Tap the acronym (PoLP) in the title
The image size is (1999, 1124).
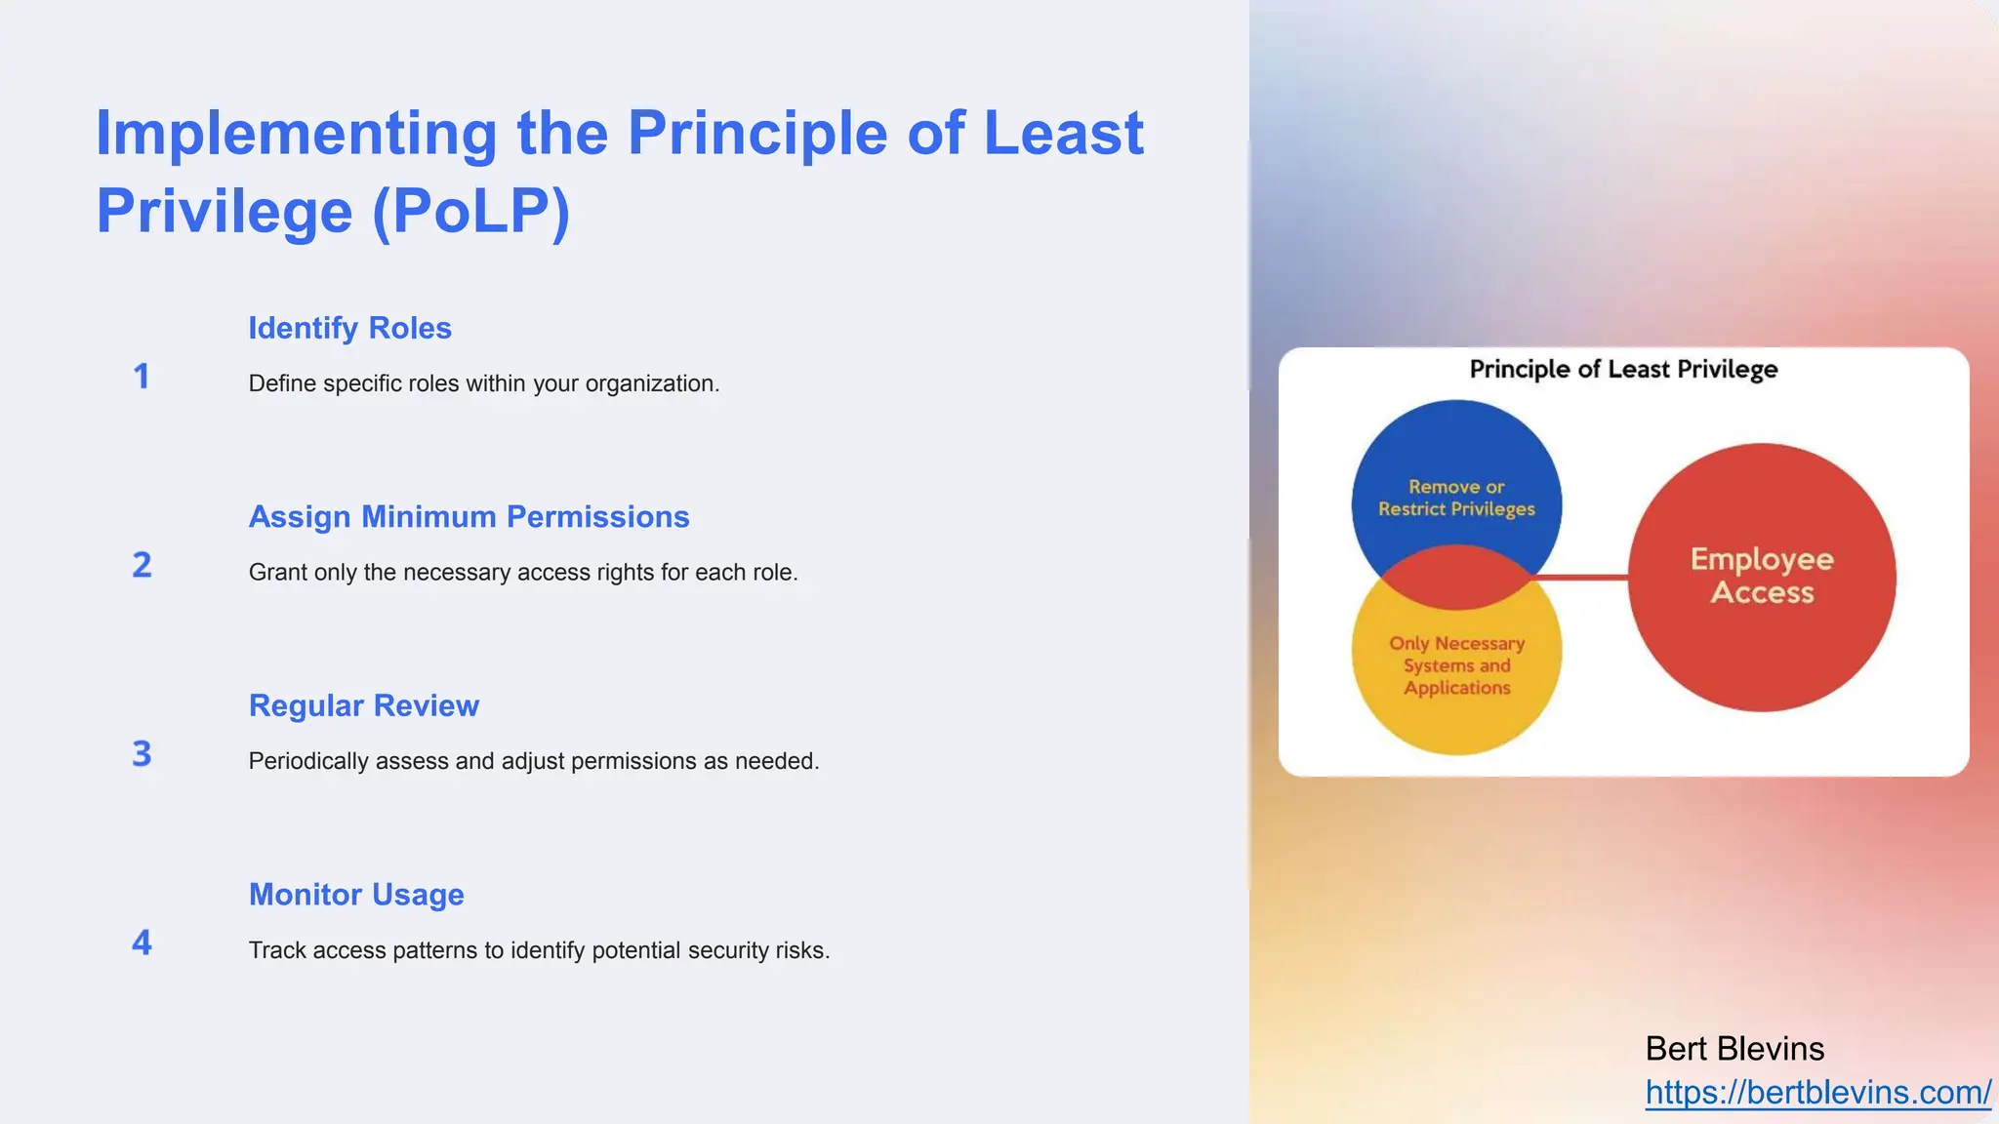click(x=470, y=211)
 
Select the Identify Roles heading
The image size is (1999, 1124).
click(x=349, y=328)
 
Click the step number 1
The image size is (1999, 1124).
click(x=142, y=377)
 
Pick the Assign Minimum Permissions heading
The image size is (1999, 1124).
click(x=469, y=516)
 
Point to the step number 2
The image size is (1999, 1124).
click(x=142, y=565)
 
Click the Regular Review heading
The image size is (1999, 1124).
click(x=363, y=705)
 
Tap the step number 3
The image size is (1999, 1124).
click(x=142, y=753)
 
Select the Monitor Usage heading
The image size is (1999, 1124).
click(x=356, y=894)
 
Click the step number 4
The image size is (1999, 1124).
click(x=142, y=943)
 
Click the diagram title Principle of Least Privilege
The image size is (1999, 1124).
click(x=1623, y=370)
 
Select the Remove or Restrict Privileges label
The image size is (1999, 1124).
click(x=1456, y=498)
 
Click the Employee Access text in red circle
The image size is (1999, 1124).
click(x=1762, y=576)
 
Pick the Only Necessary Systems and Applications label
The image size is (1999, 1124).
click(x=1456, y=665)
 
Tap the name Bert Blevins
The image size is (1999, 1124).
click(x=1734, y=1049)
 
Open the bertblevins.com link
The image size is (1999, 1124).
click(x=1817, y=1093)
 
